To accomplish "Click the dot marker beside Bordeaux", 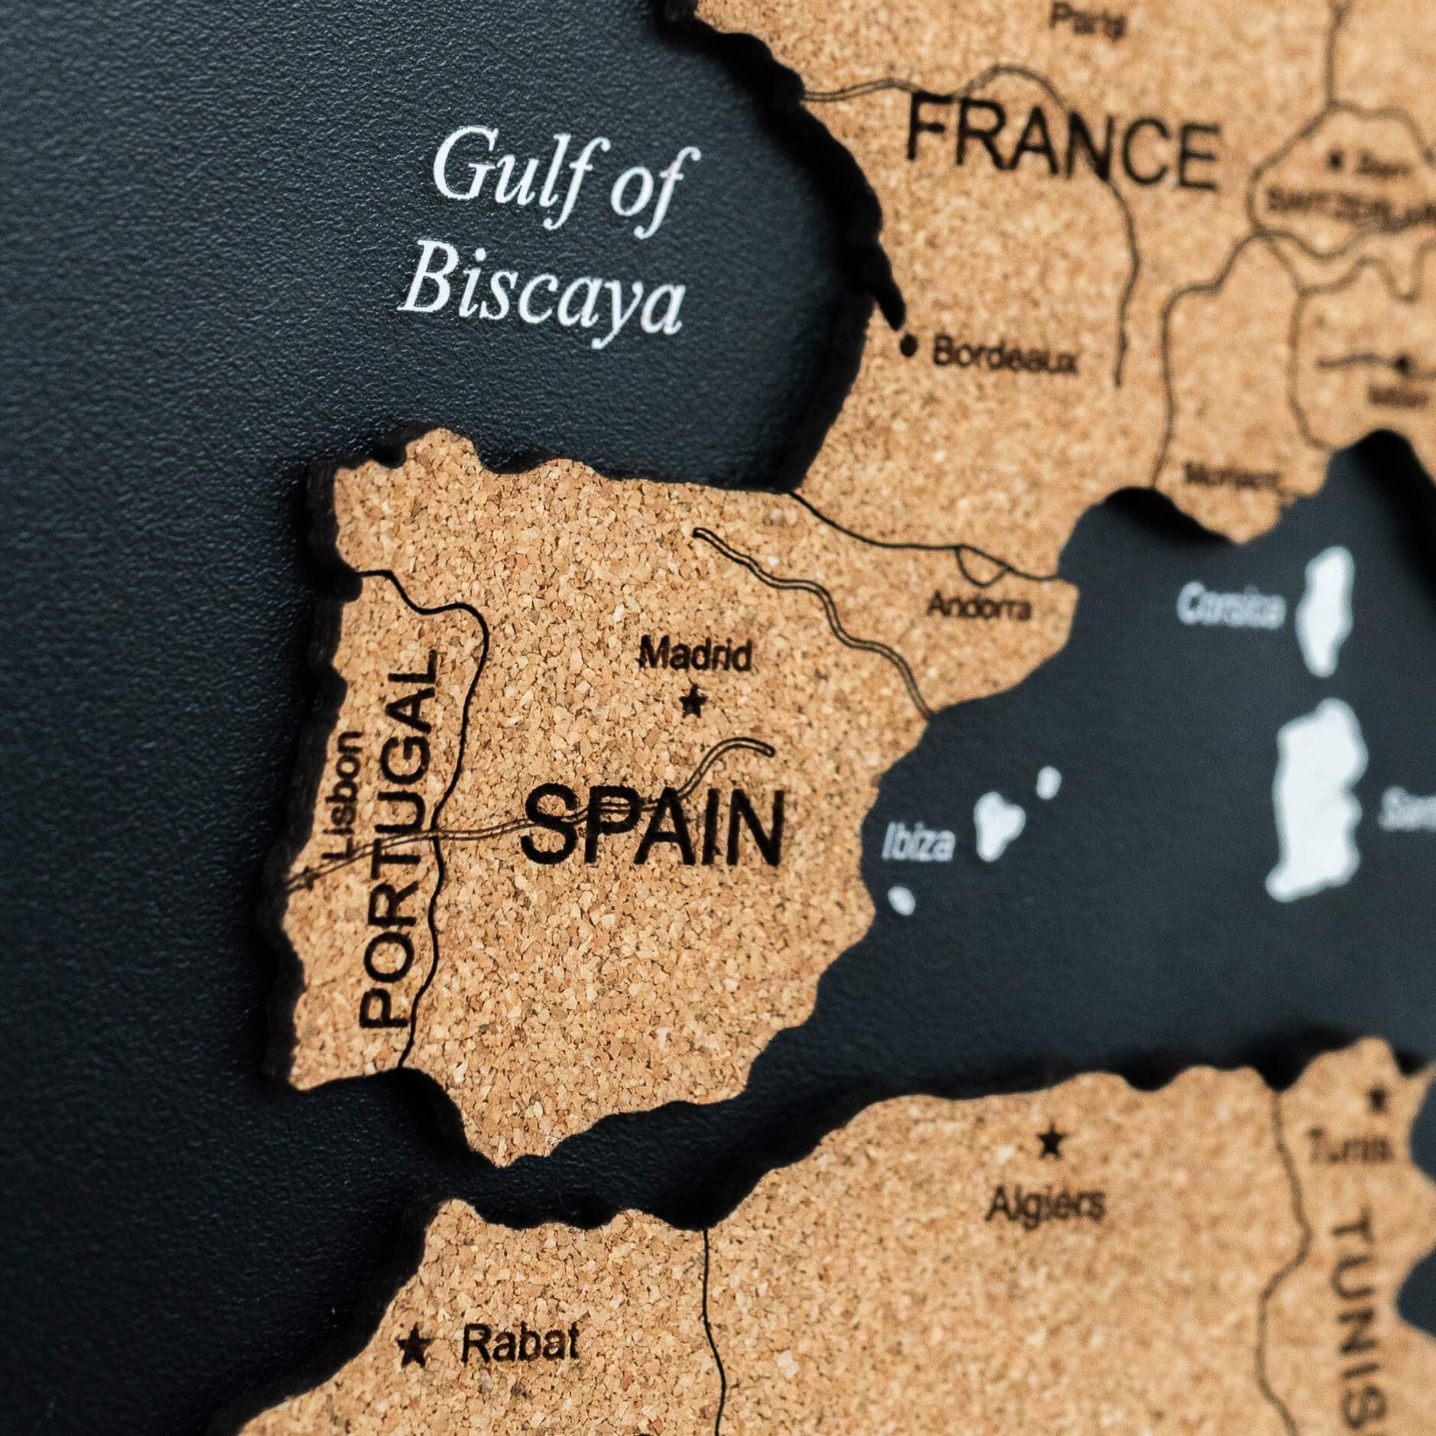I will (908, 346).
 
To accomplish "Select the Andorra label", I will (979, 606).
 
